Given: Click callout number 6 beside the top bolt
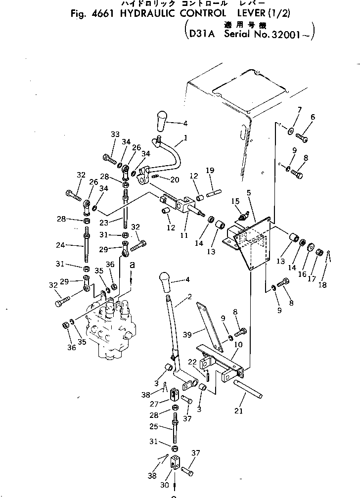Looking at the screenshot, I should pos(312,117).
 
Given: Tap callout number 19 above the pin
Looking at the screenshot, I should pos(210,171).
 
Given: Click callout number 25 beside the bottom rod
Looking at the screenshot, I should pos(154,426).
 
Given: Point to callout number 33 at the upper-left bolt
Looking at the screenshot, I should pos(115,135).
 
